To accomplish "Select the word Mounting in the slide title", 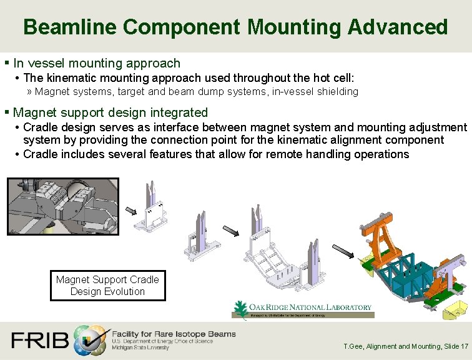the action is coord(293,27).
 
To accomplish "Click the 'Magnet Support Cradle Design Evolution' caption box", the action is coord(107,286).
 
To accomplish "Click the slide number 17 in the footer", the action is coord(463,346).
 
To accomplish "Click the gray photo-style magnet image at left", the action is coord(62,207).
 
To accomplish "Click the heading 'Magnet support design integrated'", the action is coord(111,112).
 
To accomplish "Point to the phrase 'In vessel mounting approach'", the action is coord(97,63).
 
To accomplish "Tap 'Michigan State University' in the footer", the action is coord(140,347).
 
